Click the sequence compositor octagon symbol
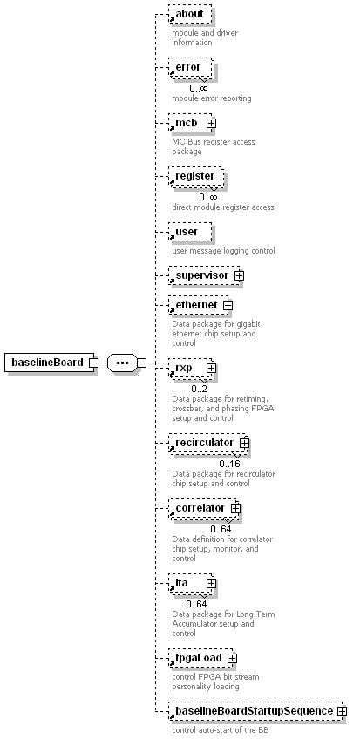point(123,363)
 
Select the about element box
point(190,14)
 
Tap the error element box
point(191,67)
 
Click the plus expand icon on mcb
point(211,123)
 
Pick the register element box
point(195,176)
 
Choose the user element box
point(190,232)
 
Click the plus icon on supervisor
point(240,275)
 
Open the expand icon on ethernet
point(228,305)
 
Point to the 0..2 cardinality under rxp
point(199,389)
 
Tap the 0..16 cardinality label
point(229,464)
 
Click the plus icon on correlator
point(235,509)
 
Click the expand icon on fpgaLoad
point(232,658)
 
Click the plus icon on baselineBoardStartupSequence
point(342,711)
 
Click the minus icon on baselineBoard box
point(94,363)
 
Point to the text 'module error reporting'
point(212,98)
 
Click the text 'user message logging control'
point(223,251)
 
